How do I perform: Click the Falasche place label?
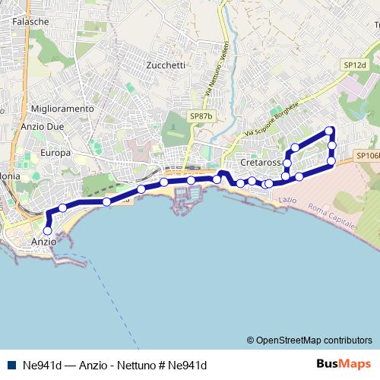[x=30, y=22]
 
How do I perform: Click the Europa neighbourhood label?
[x=55, y=153]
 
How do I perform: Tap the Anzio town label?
[x=44, y=242]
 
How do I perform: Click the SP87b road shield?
[x=201, y=116]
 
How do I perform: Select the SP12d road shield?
[x=354, y=65]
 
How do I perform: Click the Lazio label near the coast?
[x=287, y=199]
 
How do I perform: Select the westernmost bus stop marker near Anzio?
[x=47, y=230]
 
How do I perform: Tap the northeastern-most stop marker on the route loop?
[x=329, y=129]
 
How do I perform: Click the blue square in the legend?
[x=11, y=365]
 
